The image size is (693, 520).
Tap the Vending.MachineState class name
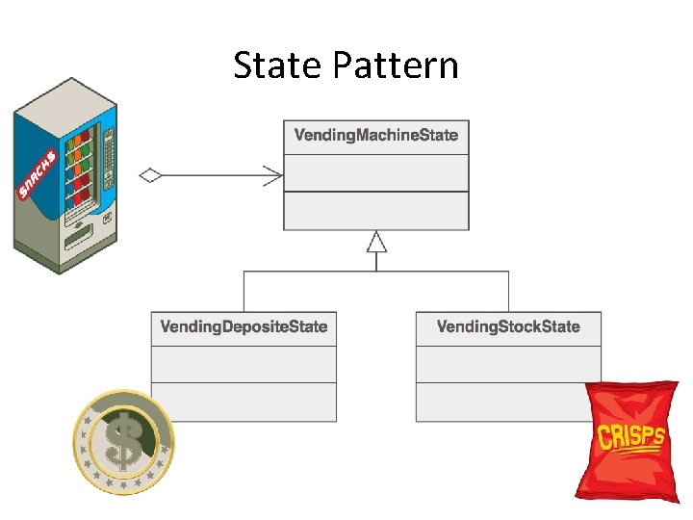pyautogui.click(x=375, y=135)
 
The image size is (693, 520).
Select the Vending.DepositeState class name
pyautogui.click(x=244, y=326)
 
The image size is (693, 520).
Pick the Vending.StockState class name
pyautogui.click(x=508, y=326)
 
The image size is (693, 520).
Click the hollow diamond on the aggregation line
pyautogui.click(x=150, y=175)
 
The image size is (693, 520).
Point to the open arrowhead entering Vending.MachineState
pyautogui.click(x=274, y=175)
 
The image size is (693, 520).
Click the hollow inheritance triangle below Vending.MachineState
pyautogui.click(x=376, y=242)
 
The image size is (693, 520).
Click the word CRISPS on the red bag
pyautogui.click(x=630, y=437)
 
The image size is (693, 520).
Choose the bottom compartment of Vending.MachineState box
pyautogui.click(x=375, y=210)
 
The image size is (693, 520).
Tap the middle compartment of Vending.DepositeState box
pyautogui.click(x=244, y=364)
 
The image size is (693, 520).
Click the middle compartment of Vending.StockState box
pyautogui.click(x=508, y=364)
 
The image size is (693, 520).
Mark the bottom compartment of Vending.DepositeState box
pyautogui.click(x=244, y=402)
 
